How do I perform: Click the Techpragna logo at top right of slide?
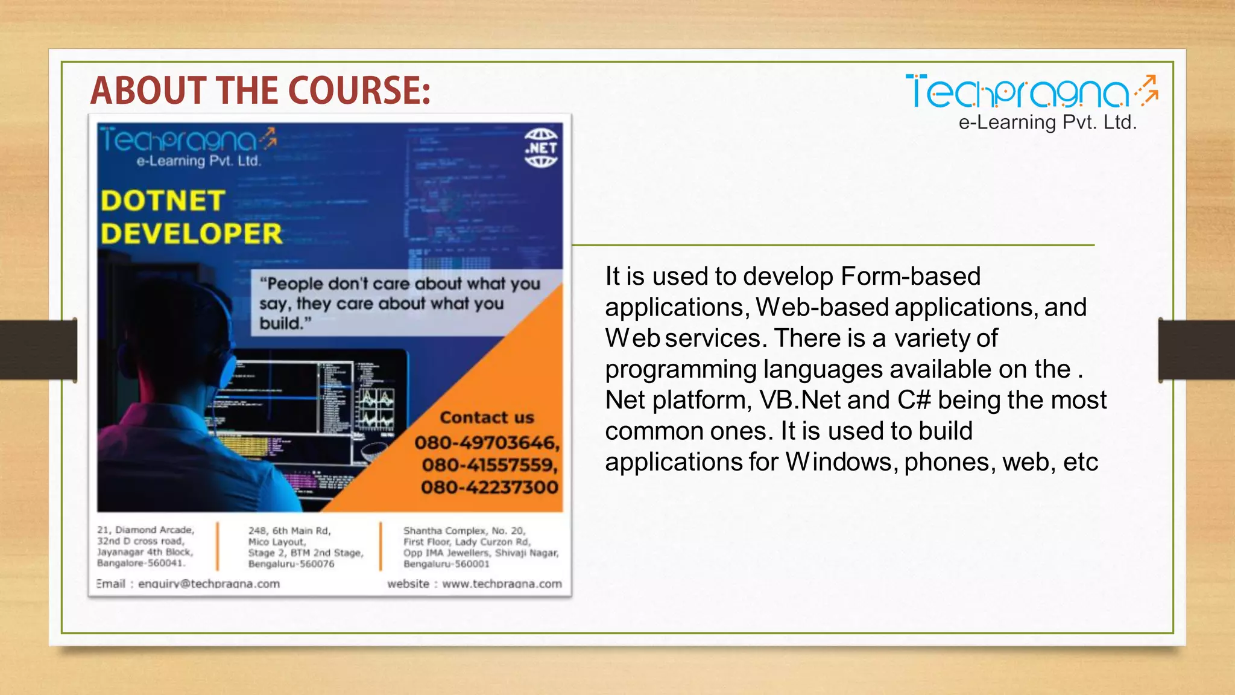(x=1031, y=92)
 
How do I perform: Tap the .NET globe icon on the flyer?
(x=540, y=148)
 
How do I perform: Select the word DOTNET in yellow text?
(x=163, y=201)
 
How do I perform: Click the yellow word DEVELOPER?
(x=191, y=234)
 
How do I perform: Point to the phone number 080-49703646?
(x=487, y=443)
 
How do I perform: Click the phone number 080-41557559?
(x=490, y=465)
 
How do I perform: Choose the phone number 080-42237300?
(x=490, y=487)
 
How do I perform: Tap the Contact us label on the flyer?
(x=487, y=417)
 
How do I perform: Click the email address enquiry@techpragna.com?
(x=209, y=584)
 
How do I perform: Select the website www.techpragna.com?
(x=502, y=584)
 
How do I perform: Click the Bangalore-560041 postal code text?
(x=141, y=563)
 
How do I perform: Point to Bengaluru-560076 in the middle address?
(x=291, y=564)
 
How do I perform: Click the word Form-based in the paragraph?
(x=910, y=276)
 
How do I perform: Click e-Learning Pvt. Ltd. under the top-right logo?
(x=1047, y=123)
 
